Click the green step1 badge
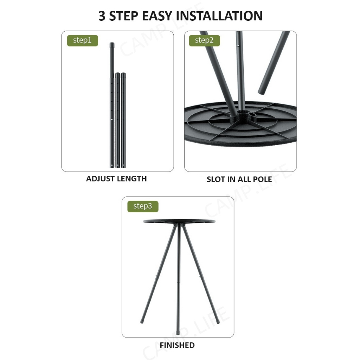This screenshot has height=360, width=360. [x=82, y=41]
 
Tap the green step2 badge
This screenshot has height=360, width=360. [x=204, y=41]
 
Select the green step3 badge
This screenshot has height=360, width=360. [x=143, y=206]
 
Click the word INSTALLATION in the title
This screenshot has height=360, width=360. [x=219, y=16]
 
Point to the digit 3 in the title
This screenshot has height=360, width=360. [x=102, y=16]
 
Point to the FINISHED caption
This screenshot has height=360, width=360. [x=177, y=345]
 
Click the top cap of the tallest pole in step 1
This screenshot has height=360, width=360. [x=112, y=45]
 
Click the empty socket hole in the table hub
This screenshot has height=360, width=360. [x=252, y=114]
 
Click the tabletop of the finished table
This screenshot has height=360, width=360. [x=179, y=221]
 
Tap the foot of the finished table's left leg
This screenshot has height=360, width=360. [x=142, y=322]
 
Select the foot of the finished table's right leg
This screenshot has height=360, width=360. [x=218, y=322]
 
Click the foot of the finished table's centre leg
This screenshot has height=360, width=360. [x=178, y=333]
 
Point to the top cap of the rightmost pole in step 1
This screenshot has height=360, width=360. [x=123, y=75]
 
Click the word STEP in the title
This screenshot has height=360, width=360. [x=124, y=16]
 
